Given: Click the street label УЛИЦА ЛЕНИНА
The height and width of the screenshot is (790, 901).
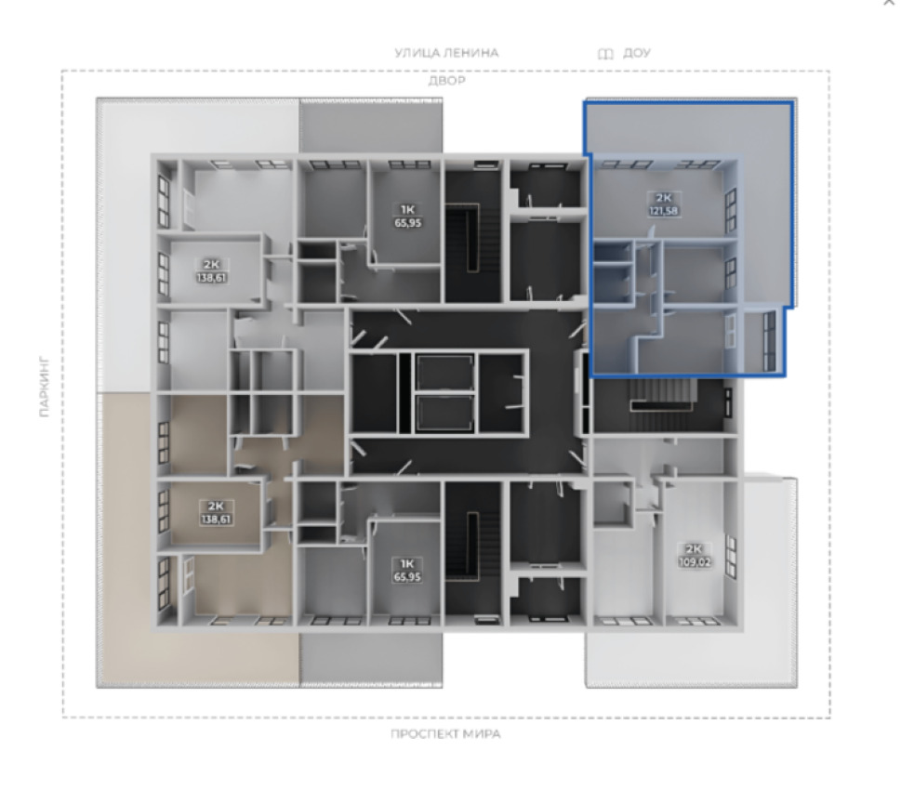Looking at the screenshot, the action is coord(446,53).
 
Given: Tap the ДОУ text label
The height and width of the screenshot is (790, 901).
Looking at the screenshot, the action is coord(637,53).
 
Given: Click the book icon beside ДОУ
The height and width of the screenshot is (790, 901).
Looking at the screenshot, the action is coord(605,53).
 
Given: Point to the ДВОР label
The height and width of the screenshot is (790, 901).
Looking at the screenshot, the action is coord(446,81).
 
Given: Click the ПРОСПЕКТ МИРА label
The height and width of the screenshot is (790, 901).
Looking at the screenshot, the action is coord(445,733).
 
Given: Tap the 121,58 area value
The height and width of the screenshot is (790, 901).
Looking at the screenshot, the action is coord(663,211).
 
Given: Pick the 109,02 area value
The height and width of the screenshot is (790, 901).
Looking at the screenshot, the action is coord(695,562).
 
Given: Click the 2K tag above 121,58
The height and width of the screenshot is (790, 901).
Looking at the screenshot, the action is coord(664,199).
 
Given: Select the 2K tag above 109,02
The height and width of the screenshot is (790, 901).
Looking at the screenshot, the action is coord(695,549).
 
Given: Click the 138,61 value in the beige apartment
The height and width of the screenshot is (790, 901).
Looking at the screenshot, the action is coord(216,520).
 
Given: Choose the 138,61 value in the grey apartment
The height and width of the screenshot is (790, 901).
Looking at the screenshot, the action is coord(211,278).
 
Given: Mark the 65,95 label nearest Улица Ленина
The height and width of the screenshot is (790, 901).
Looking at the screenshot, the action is coord(408,223).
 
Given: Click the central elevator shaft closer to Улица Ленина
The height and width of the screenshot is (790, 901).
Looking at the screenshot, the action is coord(444,373).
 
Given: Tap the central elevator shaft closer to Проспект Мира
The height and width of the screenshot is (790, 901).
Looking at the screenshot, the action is coord(444,413).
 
